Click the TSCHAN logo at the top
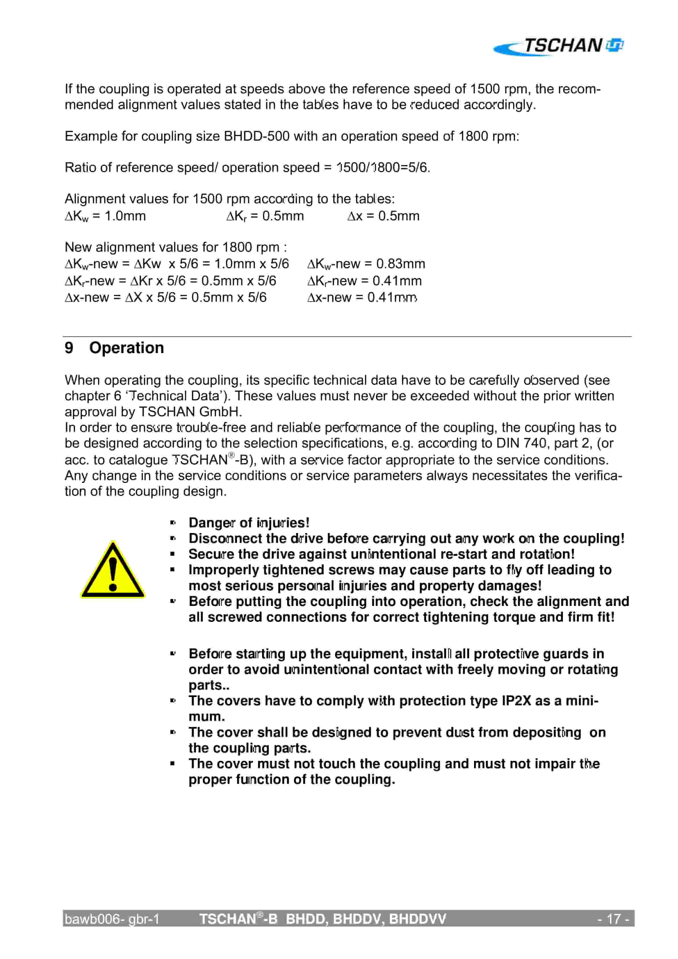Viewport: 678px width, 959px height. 558,46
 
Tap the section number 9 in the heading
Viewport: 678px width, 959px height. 69,348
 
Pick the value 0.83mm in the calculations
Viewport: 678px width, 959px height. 401,264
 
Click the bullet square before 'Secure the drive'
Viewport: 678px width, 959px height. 173,554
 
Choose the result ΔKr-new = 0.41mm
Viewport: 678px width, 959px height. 364,281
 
